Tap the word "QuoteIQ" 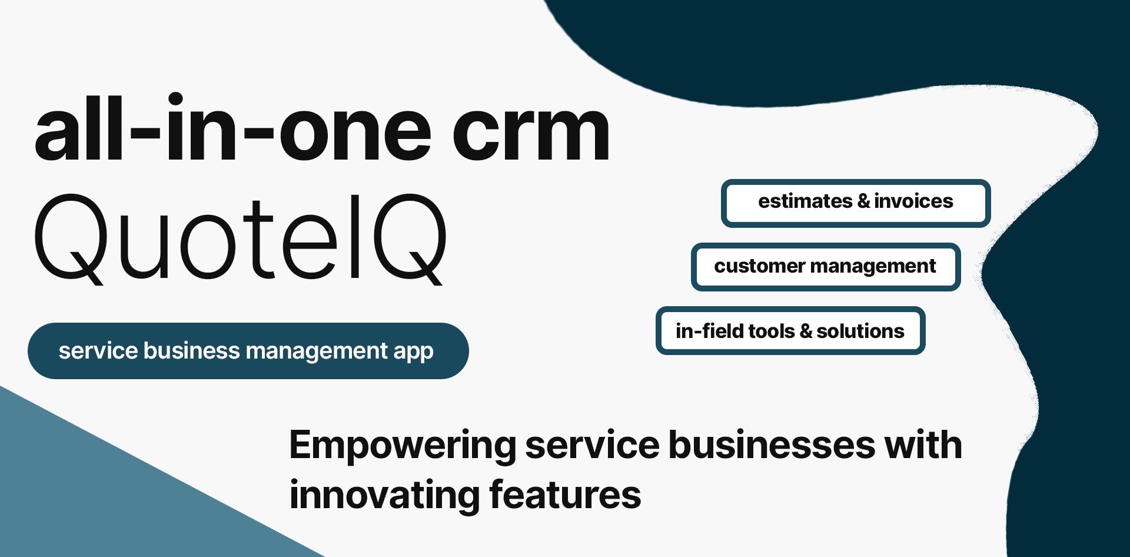(x=240, y=238)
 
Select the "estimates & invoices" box (x=855, y=203)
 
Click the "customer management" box (x=825, y=267)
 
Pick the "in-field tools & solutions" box (x=790, y=331)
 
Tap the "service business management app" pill (x=248, y=351)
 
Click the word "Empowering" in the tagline (x=403, y=446)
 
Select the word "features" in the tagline (x=565, y=495)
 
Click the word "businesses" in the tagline (x=772, y=446)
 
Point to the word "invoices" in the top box (x=913, y=201)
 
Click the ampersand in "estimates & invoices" (x=863, y=201)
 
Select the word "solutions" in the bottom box (x=860, y=331)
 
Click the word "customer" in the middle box (x=759, y=266)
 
